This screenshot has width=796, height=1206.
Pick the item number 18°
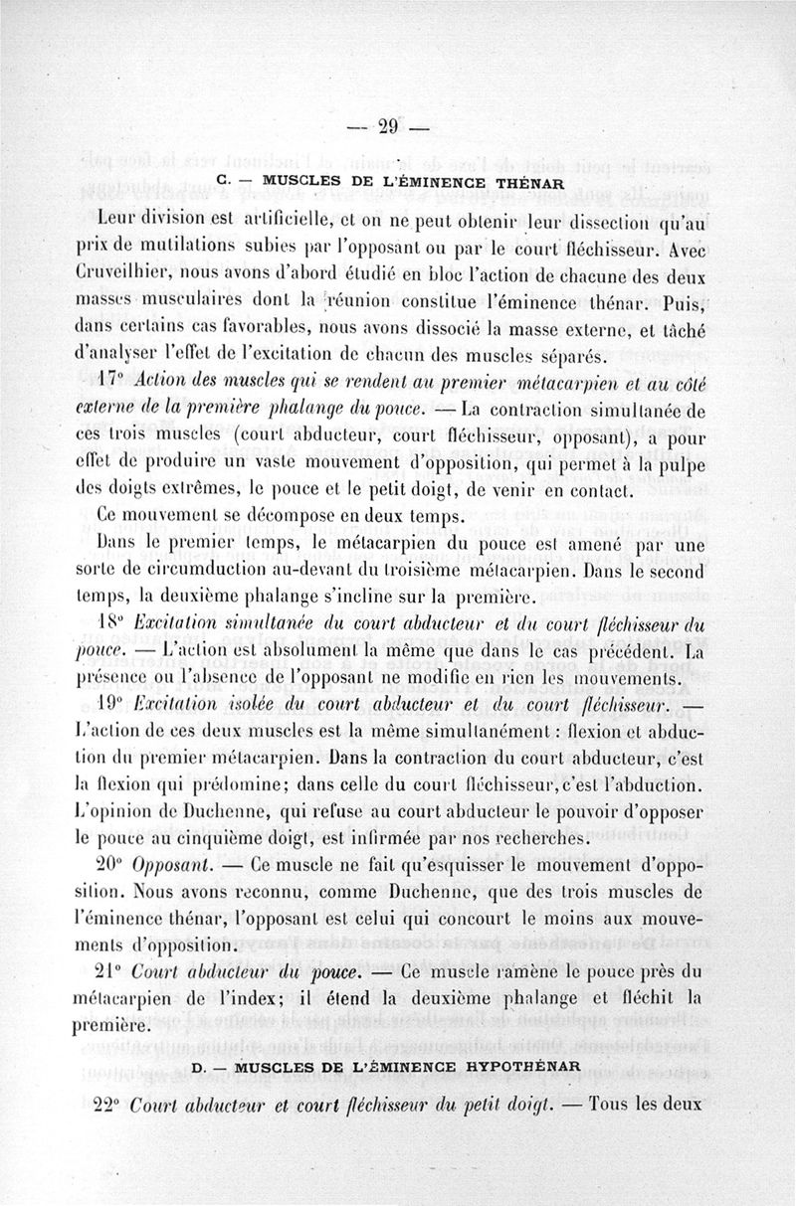pyautogui.click(x=114, y=624)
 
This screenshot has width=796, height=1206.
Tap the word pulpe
pyautogui.click(x=681, y=463)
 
